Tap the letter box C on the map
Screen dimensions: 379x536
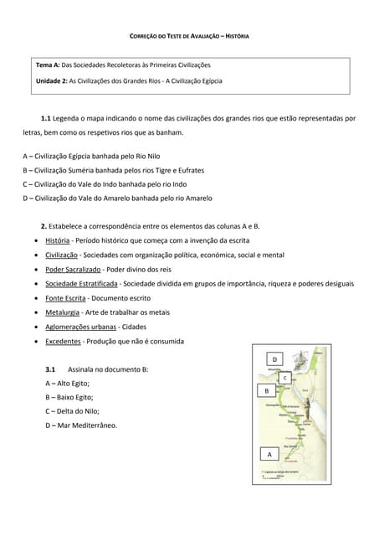tap(285, 378)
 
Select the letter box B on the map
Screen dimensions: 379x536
tap(267, 390)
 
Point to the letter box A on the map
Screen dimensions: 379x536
tap(269, 454)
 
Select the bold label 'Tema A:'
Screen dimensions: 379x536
tap(48, 64)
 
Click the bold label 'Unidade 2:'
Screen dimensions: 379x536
tap(52, 81)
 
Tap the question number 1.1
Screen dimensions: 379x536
tap(46, 119)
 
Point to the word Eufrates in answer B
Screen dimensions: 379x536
tap(188, 170)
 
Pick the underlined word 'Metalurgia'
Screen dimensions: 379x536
tap(63, 312)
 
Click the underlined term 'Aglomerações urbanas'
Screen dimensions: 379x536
tap(80, 327)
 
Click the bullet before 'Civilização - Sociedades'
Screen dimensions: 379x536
tap(33, 255)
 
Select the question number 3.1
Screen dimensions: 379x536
tap(50, 368)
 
